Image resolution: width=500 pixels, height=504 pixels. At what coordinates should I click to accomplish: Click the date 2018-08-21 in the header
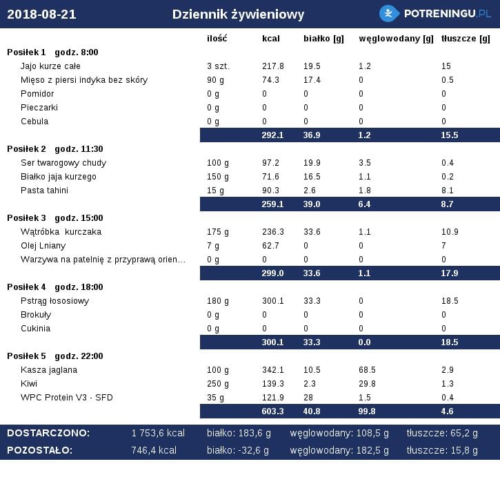tap(41, 14)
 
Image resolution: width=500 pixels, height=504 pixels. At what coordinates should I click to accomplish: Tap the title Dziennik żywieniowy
tap(238, 14)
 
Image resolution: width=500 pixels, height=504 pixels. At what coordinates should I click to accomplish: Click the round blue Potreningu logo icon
tap(389, 14)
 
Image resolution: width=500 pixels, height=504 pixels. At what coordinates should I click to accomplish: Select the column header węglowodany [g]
tap(396, 39)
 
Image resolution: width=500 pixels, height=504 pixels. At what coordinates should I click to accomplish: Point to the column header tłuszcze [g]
tap(466, 39)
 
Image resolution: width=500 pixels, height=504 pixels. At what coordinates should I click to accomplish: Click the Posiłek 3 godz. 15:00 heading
tap(55, 218)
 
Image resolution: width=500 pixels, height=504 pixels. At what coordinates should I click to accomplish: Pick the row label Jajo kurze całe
tap(50, 66)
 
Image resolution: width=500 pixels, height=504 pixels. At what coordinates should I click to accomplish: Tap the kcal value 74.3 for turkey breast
tap(270, 80)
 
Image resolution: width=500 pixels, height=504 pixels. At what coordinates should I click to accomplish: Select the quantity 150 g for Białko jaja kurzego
tap(218, 177)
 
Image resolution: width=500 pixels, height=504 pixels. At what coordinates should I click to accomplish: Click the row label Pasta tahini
tap(44, 191)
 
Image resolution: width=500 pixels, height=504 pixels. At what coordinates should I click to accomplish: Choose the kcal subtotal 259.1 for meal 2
tap(272, 204)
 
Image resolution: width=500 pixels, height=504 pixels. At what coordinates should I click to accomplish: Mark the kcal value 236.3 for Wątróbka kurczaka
tap(272, 232)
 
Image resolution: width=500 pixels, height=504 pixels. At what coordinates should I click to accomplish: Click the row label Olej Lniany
tap(43, 246)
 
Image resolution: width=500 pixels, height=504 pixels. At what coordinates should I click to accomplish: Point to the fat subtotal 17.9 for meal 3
tap(449, 273)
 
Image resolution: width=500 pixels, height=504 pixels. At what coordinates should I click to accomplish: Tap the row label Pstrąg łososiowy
tap(54, 301)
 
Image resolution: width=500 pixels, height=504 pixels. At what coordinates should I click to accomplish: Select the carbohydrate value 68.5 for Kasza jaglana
tap(367, 370)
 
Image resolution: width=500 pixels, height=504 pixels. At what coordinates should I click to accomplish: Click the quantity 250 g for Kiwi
tap(218, 384)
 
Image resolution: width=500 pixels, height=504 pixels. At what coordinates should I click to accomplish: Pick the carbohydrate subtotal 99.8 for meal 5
tap(367, 411)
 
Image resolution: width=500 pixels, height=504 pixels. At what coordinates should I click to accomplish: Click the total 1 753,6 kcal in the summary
tap(158, 433)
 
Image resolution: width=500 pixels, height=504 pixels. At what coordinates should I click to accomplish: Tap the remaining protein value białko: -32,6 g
tap(238, 450)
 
